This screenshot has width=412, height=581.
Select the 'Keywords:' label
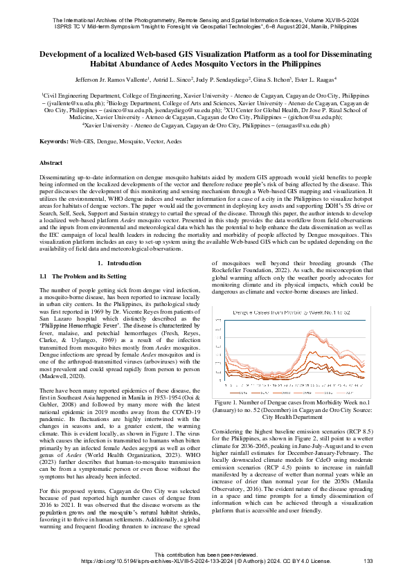[54, 141]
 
